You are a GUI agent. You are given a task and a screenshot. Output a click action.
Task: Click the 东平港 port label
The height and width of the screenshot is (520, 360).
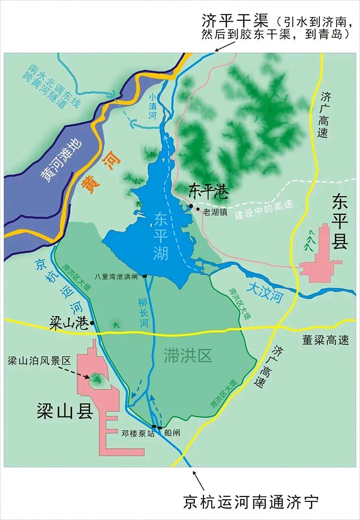209,190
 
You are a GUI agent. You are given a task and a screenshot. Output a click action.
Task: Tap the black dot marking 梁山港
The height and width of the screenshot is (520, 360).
93,323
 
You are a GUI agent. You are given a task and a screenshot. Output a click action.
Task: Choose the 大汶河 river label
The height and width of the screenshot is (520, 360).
265,294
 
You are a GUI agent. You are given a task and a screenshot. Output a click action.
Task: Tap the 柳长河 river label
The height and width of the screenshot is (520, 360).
142,312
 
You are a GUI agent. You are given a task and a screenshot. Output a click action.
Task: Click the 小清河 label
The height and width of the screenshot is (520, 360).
153,107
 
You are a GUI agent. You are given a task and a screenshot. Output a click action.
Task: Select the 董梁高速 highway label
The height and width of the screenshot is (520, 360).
326,340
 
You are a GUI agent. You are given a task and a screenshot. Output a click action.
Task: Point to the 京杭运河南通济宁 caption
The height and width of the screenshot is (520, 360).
251,502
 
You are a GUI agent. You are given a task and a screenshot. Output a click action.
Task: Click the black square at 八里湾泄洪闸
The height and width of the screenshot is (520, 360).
144,276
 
